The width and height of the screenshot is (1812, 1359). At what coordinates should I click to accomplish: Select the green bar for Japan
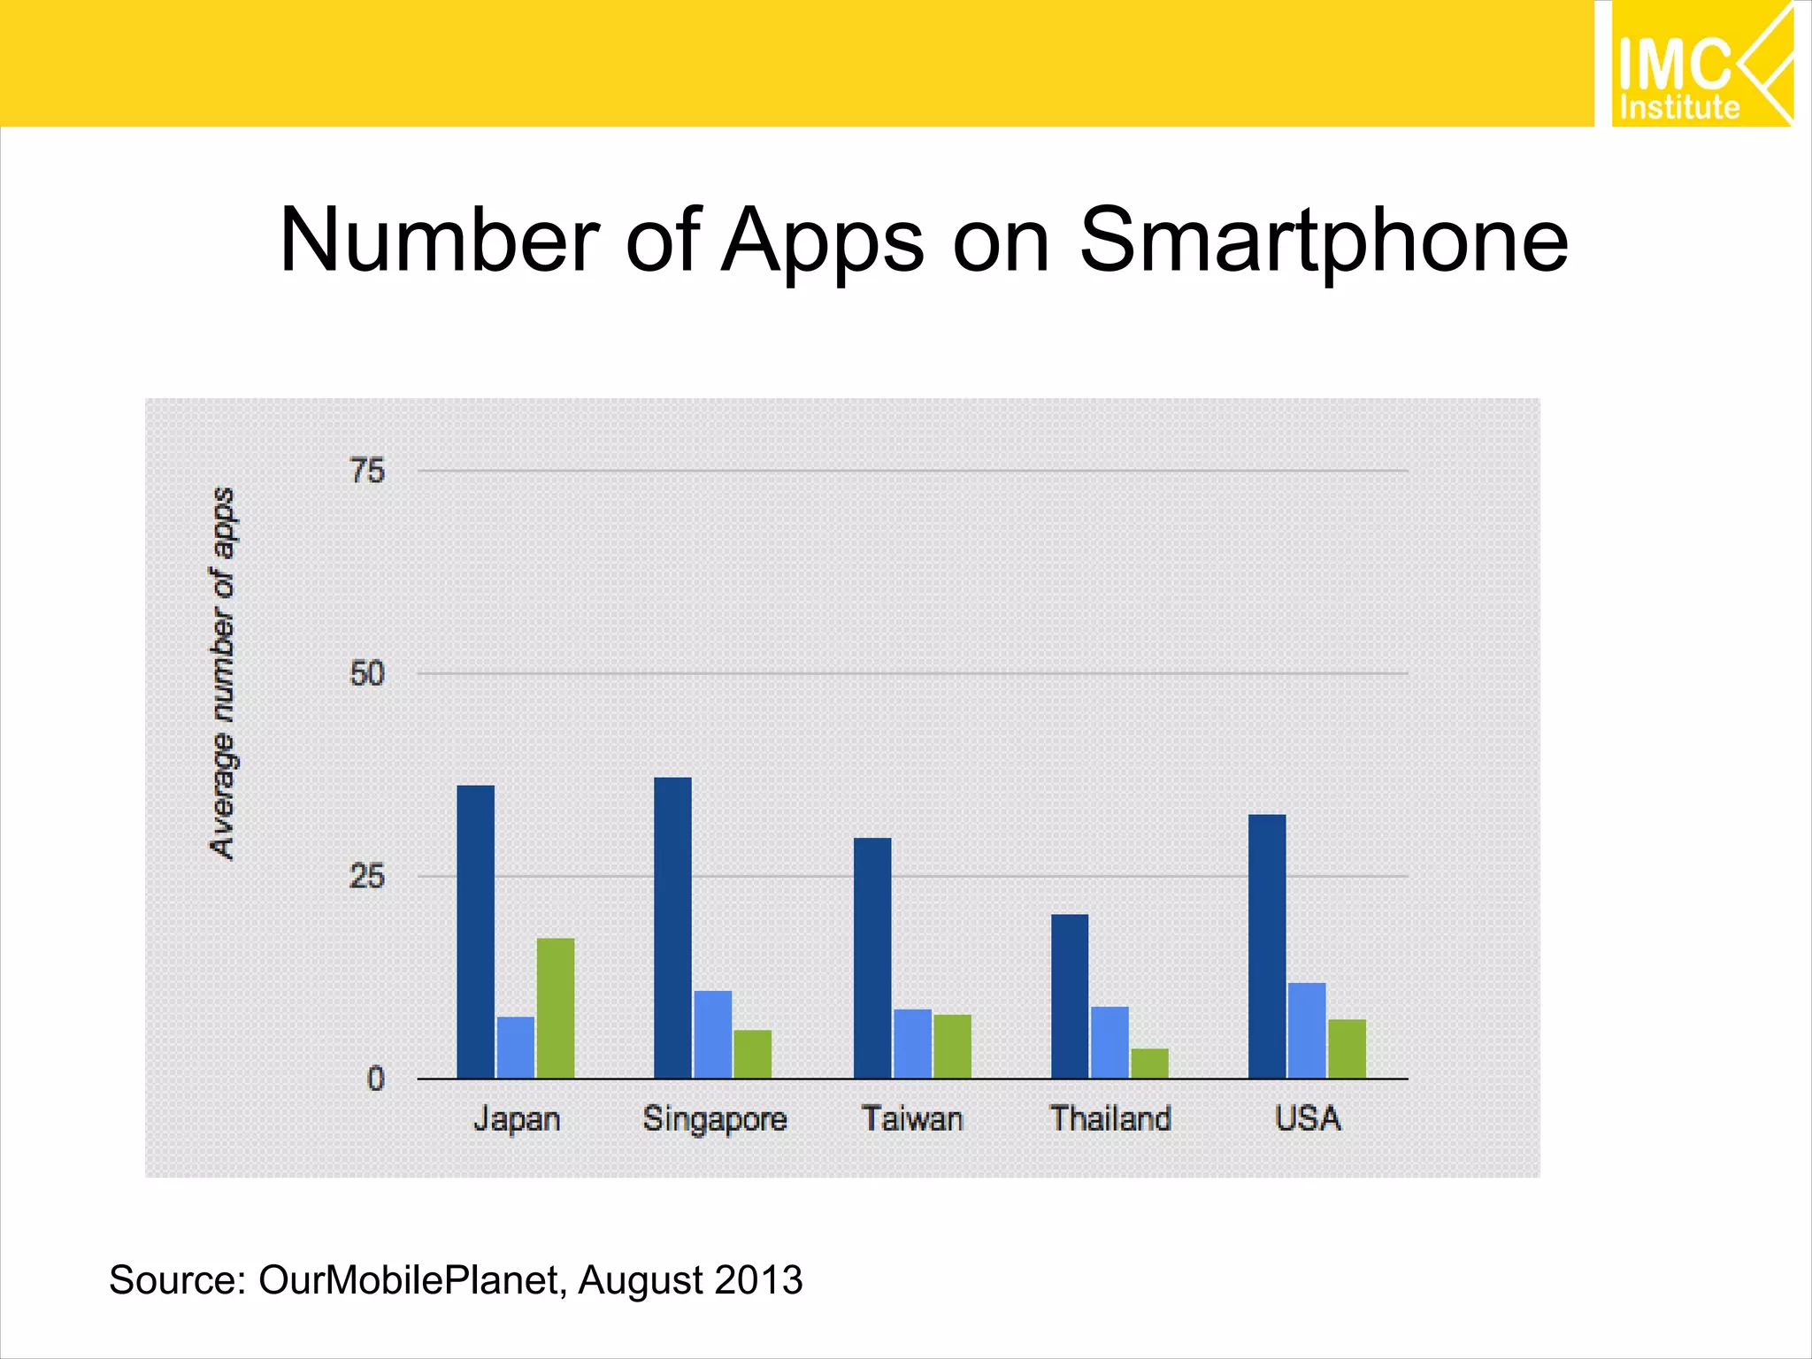pos(556,1008)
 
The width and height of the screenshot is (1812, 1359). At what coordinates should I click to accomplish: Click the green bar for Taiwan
pos(952,1046)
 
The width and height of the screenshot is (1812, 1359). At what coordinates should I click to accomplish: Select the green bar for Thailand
pos(1149,1063)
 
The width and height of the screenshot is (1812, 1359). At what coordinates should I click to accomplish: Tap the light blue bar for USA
pos(1307,1030)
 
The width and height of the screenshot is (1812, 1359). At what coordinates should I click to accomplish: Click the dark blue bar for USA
pos(1267,946)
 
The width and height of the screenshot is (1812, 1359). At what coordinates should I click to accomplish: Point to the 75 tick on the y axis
pos(367,471)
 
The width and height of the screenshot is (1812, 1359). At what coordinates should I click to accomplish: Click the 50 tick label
pos(367,674)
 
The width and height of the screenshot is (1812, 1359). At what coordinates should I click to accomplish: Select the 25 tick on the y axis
pos(367,877)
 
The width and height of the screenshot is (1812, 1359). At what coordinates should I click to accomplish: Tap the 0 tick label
pos(376,1079)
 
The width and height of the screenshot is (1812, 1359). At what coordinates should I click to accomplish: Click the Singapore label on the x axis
pos(715,1119)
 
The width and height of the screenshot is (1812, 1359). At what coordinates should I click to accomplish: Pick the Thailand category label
pos(1110,1118)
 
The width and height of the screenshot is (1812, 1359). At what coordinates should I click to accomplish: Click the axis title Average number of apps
pos(222,672)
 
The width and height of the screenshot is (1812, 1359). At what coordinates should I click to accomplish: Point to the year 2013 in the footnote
pos(758,1280)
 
